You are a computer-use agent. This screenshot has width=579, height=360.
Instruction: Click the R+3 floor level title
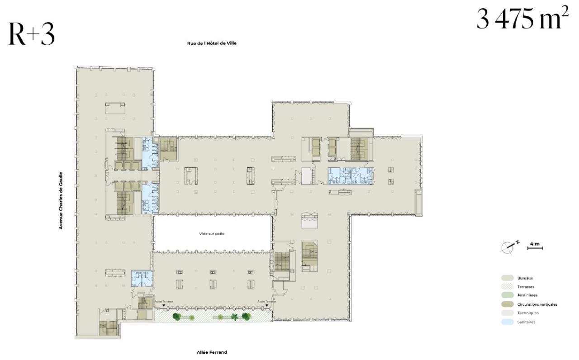tap(31, 35)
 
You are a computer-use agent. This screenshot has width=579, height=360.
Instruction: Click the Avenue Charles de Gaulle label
tap(61, 200)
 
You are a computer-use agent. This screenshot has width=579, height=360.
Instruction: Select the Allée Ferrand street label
tap(212, 352)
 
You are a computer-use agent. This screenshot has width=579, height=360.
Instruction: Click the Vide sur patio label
tap(212, 234)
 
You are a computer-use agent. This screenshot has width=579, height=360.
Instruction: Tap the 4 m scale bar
tap(535, 246)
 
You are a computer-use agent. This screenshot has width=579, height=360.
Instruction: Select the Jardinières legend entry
tap(527, 296)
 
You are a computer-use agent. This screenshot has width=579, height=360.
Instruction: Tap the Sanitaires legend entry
tap(527, 322)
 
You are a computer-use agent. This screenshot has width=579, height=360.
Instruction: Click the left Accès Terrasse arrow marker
tap(164, 306)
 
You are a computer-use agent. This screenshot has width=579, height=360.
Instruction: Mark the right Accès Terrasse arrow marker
tap(267, 306)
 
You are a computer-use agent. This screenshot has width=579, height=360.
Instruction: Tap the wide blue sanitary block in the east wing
tap(351, 175)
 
